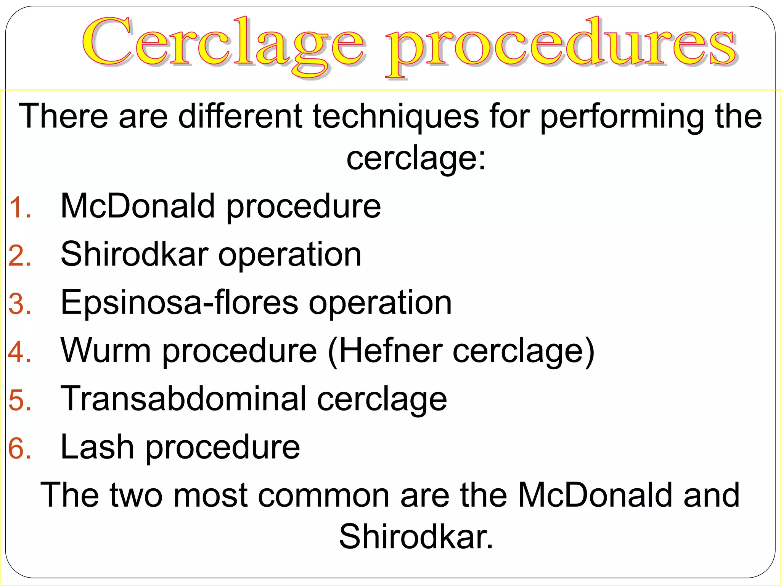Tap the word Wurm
coord(106,351)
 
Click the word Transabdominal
coord(183,399)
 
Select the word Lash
coord(97,447)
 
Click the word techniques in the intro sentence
coord(395,116)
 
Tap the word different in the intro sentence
coord(240,116)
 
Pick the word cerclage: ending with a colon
coord(416,158)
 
